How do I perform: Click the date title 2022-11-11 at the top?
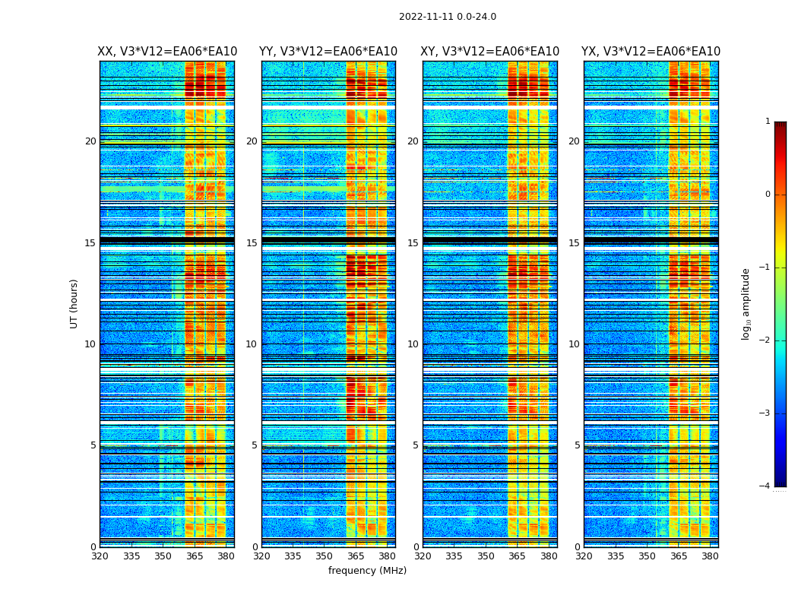[x=447, y=17]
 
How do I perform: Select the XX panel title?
[x=167, y=52]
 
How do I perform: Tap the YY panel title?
[x=328, y=52]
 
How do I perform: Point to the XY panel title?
[x=490, y=52]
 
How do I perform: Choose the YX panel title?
[x=651, y=52]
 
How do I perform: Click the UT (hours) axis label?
[x=74, y=303]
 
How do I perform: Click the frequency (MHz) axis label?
[x=367, y=571]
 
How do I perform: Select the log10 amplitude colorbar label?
[x=746, y=303]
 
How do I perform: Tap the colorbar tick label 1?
[x=768, y=122]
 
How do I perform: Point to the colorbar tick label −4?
[x=765, y=486]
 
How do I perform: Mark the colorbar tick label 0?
[x=768, y=195]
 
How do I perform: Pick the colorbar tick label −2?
[x=765, y=340]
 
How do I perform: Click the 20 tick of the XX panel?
[x=90, y=141]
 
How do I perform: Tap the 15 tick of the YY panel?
[x=252, y=243]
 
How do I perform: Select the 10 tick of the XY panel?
[x=413, y=344]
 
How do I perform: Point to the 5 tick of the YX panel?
[x=577, y=445]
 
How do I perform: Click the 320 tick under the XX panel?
[x=100, y=556]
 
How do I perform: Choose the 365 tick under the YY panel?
[x=356, y=556]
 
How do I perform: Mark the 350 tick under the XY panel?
[x=486, y=556]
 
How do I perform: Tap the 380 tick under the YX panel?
[x=710, y=556]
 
